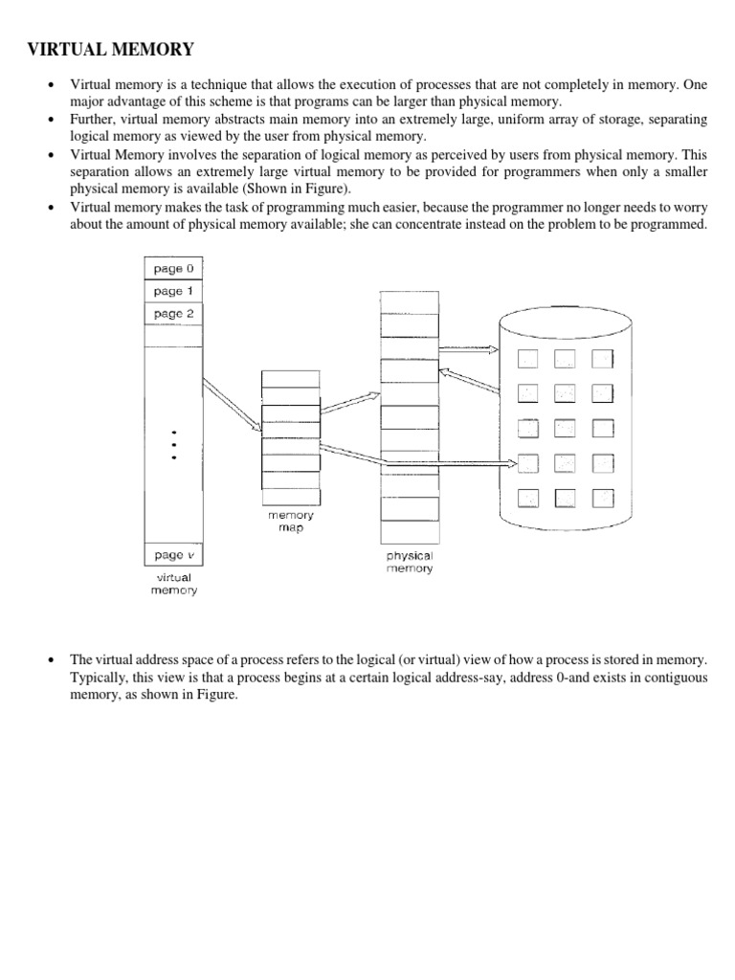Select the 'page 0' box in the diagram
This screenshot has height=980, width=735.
[173, 269]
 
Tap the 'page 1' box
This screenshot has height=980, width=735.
[173, 291]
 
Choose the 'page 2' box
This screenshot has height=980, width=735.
[173, 314]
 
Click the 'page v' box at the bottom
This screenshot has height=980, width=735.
[173, 555]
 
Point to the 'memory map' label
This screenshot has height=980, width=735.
[290, 522]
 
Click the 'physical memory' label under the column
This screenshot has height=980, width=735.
[410, 562]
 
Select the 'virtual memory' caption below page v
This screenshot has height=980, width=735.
[173, 584]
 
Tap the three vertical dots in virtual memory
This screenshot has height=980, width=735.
[173, 444]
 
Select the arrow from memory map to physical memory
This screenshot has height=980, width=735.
[349, 402]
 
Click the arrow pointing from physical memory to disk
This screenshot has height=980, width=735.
[469, 350]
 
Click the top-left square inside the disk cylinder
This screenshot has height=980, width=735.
[527, 359]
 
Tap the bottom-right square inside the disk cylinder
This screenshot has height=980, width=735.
[603, 498]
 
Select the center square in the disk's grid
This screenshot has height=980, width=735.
[565, 428]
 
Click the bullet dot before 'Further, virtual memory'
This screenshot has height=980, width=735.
[52, 120]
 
